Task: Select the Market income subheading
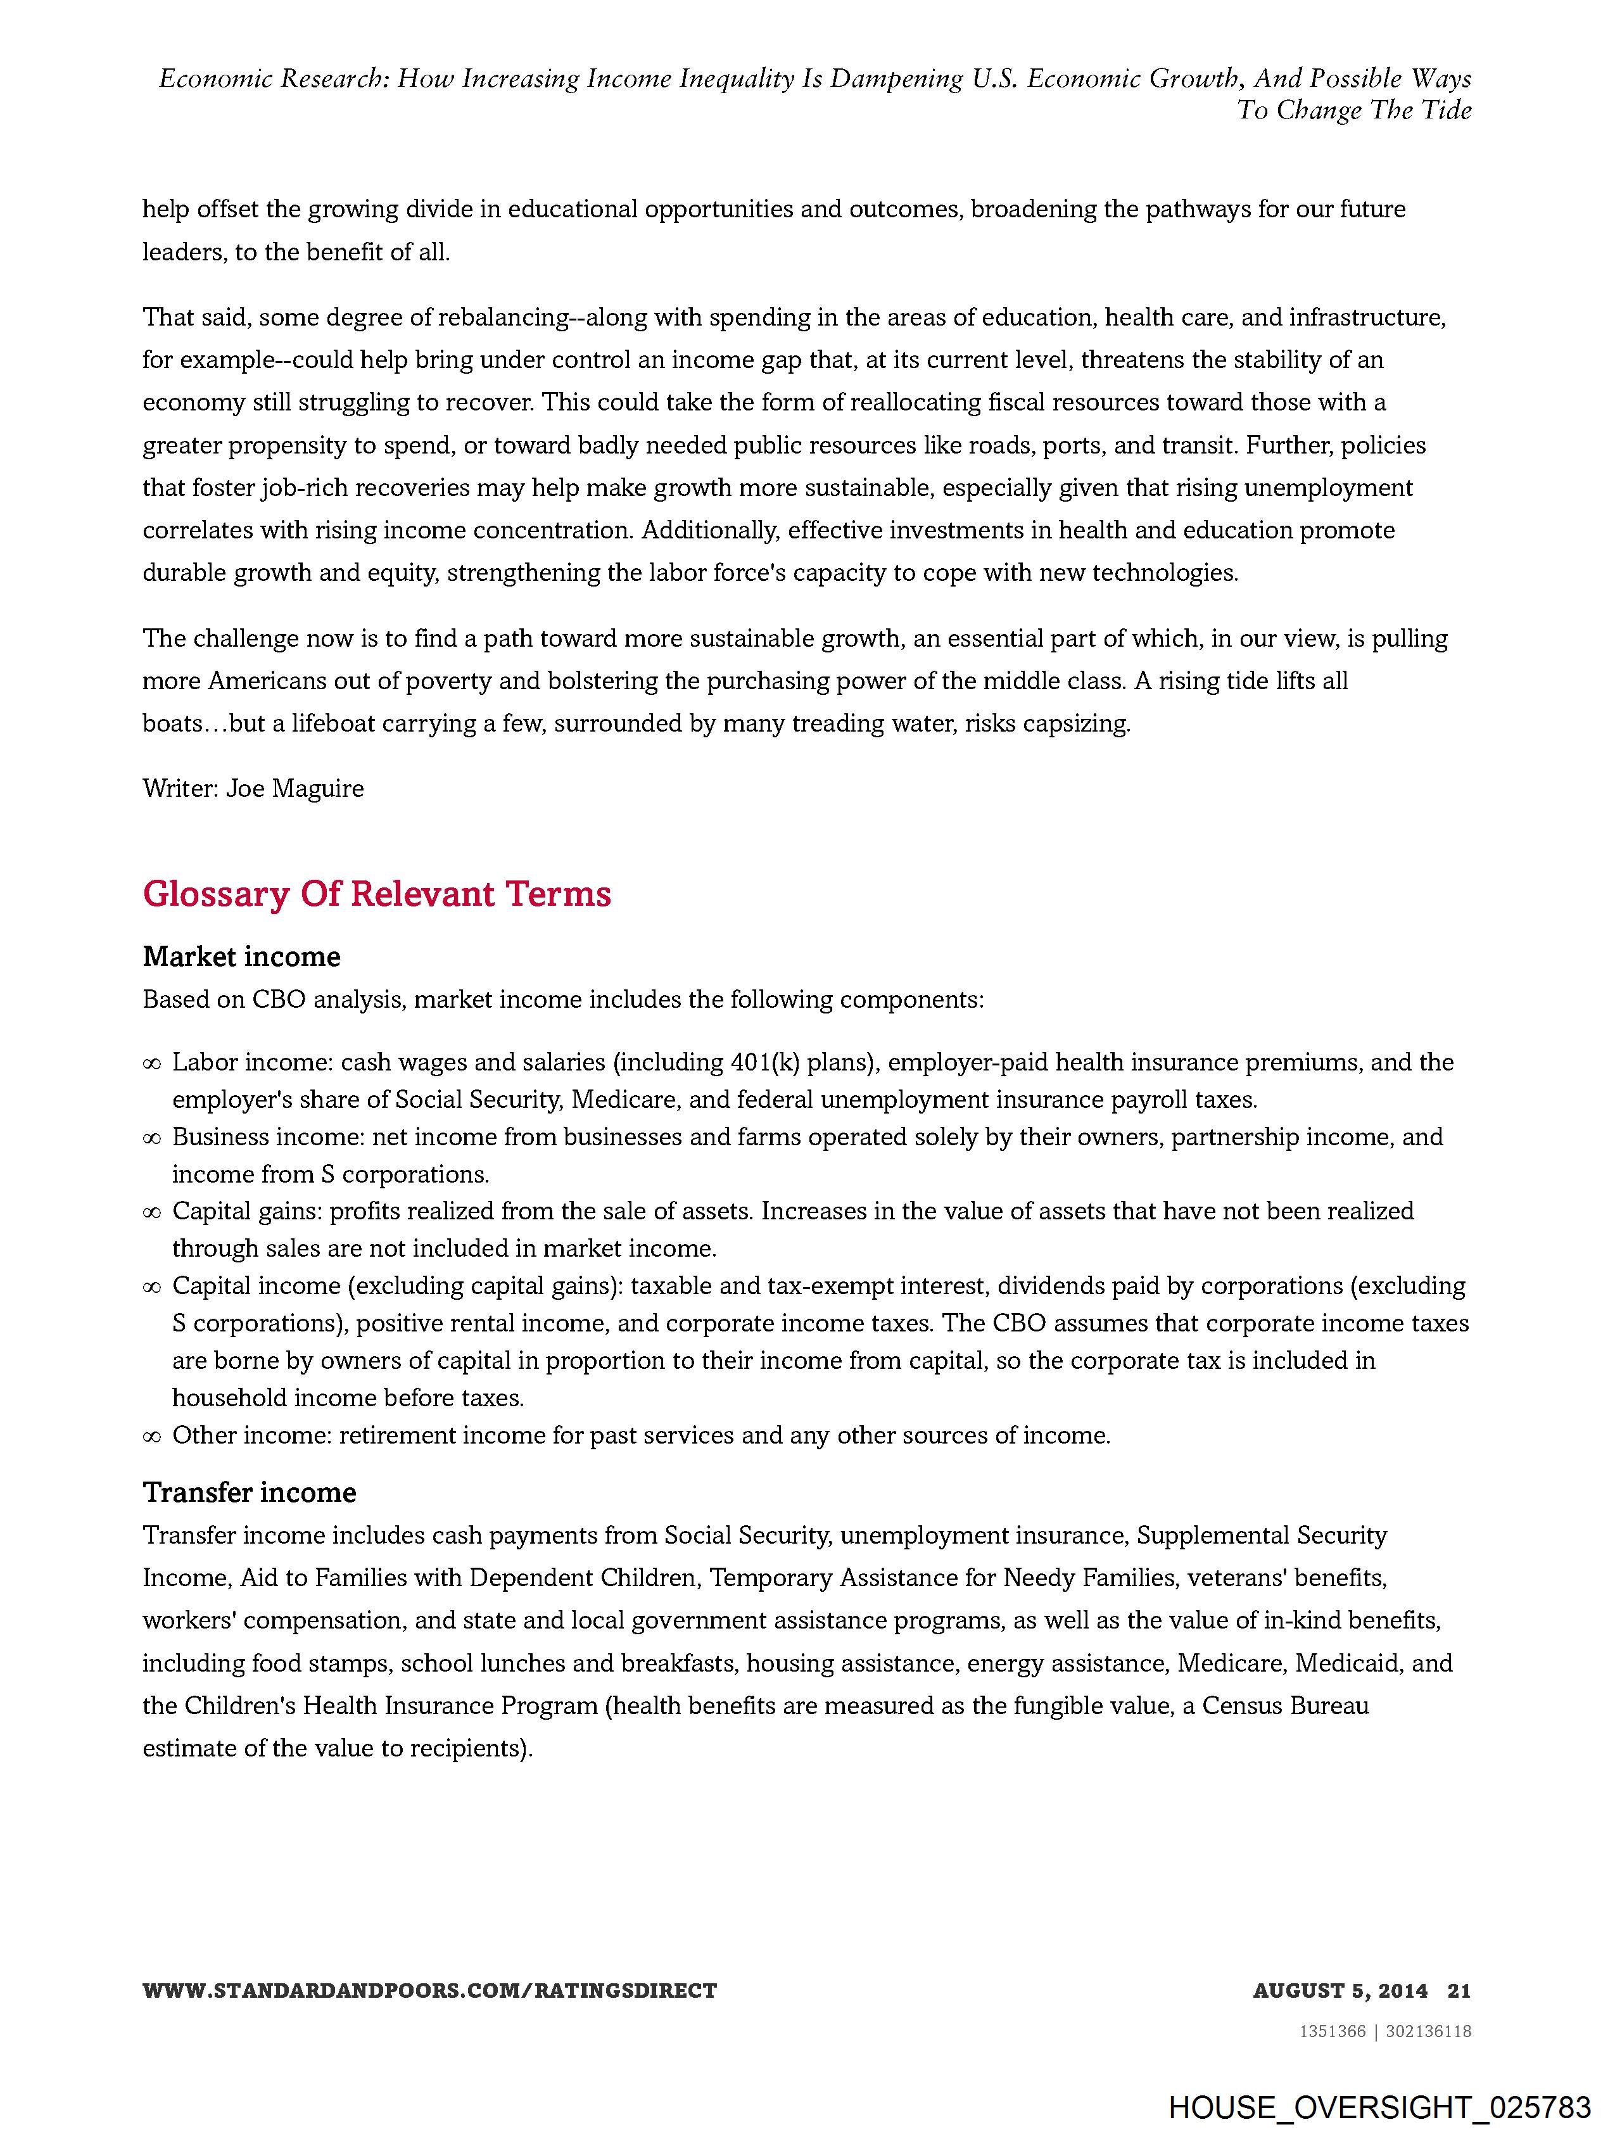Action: (x=241, y=957)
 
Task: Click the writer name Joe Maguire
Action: (x=294, y=789)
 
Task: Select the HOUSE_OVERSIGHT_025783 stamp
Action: (x=1379, y=2106)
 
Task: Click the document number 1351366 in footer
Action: (x=1333, y=2031)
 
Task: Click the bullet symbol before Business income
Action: (x=151, y=1138)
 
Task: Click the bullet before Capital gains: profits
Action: (x=151, y=1212)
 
